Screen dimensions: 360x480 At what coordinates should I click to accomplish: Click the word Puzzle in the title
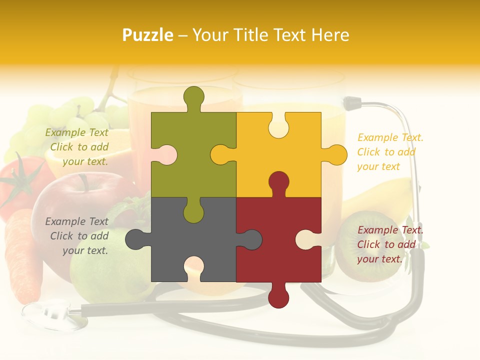(x=148, y=35)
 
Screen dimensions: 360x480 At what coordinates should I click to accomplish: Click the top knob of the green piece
(x=194, y=97)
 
